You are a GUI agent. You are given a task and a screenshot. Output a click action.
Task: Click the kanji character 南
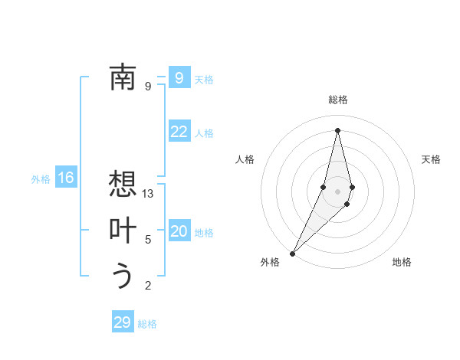coord(123,77)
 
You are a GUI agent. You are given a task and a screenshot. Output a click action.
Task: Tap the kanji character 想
coord(123,185)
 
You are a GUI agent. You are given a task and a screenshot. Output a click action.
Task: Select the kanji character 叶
coord(123,230)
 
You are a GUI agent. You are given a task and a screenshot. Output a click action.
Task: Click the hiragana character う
coord(123,275)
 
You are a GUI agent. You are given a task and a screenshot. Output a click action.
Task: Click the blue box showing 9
coord(179,77)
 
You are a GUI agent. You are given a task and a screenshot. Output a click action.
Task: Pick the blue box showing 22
coord(179,132)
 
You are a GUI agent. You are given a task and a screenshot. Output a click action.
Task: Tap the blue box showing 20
coord(179,231)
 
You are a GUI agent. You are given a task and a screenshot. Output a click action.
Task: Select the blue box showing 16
coord(66,178)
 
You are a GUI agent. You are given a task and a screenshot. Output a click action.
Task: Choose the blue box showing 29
coord(123,322)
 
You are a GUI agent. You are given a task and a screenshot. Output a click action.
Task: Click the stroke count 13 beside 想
coord(148,195)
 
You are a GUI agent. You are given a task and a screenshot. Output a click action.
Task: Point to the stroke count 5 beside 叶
coord(148,240)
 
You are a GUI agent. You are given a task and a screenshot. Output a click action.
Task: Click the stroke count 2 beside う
coord(148,286)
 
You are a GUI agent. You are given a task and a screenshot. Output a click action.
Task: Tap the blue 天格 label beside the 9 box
coord(204,80)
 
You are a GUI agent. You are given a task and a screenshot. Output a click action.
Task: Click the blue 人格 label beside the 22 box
coord(204,133)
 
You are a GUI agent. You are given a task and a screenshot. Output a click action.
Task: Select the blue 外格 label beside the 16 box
coord(41,179)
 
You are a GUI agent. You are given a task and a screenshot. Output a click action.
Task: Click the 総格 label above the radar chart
coord(338,100)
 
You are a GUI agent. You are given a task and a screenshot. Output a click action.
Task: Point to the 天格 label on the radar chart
coord(431,159)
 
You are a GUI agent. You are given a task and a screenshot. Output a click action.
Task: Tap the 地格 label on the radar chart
coord(402,262)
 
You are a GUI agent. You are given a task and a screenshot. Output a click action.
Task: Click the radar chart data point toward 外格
coord(293,253)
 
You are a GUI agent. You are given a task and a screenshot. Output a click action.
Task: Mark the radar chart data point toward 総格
coord(337,129)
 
